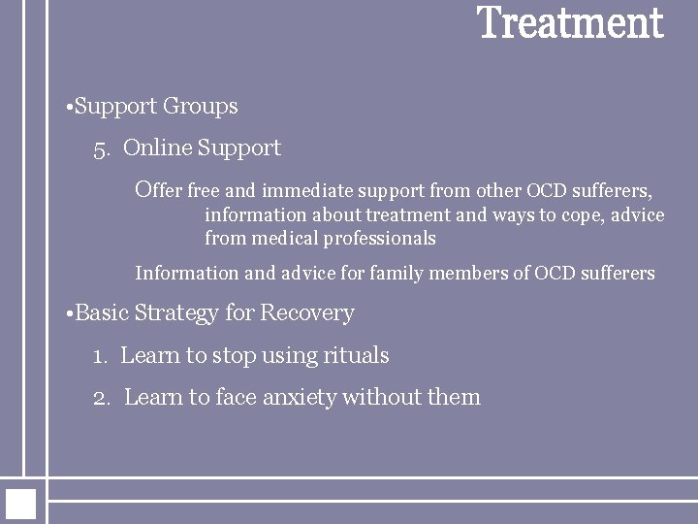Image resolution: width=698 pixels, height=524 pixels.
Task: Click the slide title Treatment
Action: click(570, 24)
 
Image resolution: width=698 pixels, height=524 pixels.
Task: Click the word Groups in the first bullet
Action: click(201, 106)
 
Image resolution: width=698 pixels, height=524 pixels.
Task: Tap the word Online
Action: click(158, 148)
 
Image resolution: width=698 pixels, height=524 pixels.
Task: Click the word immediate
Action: click(296, 190)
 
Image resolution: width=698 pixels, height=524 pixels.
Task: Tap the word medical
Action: click(285, 238)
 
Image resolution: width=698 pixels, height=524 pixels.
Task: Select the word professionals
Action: click(383, 239)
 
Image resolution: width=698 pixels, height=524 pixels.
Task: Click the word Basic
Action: click(102, 313)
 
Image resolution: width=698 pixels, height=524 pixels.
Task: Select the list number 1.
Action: click(100, 356)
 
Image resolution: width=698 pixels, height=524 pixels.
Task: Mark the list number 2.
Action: click(102, 397)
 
